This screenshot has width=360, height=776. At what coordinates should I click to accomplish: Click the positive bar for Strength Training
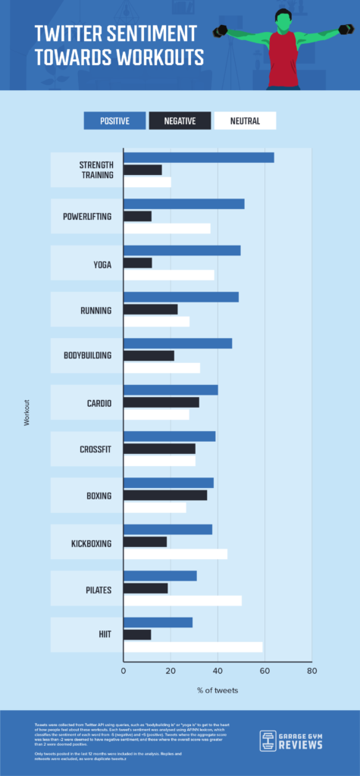tap(199, 158)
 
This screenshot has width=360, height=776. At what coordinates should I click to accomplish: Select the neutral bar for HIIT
tap(193, 647)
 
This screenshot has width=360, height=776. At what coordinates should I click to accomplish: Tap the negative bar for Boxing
tap(164, 496)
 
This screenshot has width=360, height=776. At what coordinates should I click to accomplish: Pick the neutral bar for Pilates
tap(182, 601)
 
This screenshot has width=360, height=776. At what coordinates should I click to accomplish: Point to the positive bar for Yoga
tap(182, 251)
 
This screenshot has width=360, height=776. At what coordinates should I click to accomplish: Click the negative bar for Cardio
tap(161, 402)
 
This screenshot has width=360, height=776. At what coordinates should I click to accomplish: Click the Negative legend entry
tap(180, 120)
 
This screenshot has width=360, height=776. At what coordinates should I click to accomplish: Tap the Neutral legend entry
tap(245, 120)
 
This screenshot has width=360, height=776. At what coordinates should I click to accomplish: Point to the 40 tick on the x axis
tap(218, 671)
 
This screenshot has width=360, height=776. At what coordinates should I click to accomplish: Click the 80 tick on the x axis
tap(311, 671)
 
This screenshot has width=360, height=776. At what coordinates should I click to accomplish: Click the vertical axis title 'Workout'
tap(27, 411)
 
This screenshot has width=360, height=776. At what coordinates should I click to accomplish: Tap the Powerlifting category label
tap(86, 217)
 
